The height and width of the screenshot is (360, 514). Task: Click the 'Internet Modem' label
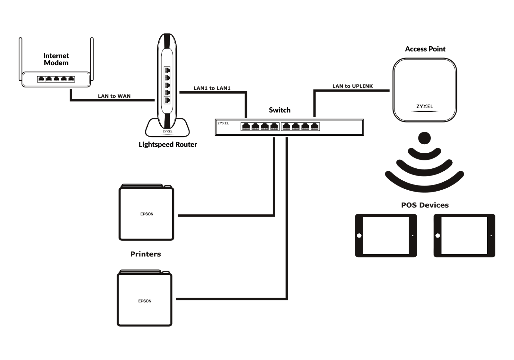pyautogui.click(x=56, y=59)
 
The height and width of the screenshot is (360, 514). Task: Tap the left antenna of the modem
pyautogui.click(x=21, y=58)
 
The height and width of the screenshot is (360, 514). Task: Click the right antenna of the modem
pyautogui.click(x=92, y=58)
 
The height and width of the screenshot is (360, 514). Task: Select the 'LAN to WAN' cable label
pyautogui.click(x=114, y=96)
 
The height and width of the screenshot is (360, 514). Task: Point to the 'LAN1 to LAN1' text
pyautogui.click(x=212, y=88)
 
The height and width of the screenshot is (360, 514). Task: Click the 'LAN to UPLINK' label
pyautogui.click(x=352, y=86)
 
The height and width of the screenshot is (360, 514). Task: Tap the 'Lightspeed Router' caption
pyautogui.click(x=168, y=145)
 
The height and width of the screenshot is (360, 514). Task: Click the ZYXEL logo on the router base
pyautogui.click(x=167, y=131)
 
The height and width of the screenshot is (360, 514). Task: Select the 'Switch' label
pyautogui.click(x=279, y=110)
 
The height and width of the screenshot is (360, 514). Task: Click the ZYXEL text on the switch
pyautogui.click(x=223, y=123)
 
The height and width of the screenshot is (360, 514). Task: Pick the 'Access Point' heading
pyautogui.click(x=425, y=49)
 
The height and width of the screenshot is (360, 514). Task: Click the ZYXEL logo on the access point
pyautogui.click(x=425, y=106)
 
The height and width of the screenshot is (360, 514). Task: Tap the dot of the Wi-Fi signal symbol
pyautogui.click(x=424, y=138)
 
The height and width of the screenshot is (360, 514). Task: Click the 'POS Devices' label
pyautogui.click(x=425, y=205)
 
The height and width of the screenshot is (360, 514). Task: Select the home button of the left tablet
pyautogui.click(x=359, y=236)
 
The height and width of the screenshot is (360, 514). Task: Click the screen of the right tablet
pyautogui.click(x=464, y=236)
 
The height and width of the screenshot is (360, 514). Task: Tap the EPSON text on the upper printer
pyautogui.click(x=147, y=214)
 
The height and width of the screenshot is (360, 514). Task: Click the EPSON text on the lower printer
pyautogui.click(x=145, y=301)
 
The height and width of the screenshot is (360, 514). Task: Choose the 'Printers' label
pyautogui.click(x=146, y=254)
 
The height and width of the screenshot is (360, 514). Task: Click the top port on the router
pyautogui.click(x=167, y=70)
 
